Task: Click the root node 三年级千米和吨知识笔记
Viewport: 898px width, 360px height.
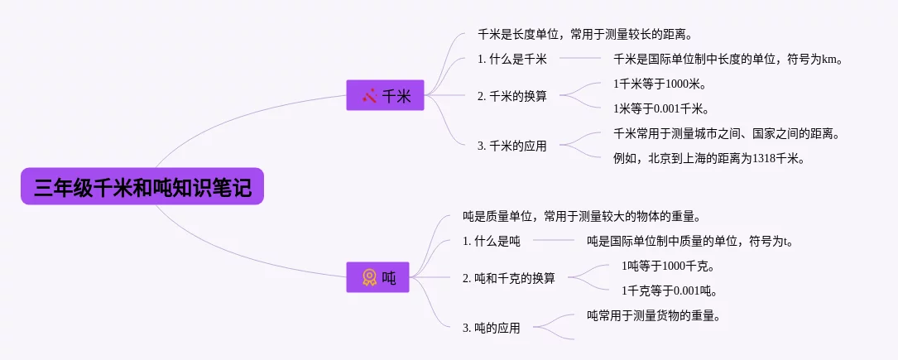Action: pos(142,186)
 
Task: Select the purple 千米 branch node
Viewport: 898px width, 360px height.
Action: pos(385,95)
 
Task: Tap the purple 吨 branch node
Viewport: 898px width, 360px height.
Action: pos(378,278)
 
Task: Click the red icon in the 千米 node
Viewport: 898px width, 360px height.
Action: pos(369,95)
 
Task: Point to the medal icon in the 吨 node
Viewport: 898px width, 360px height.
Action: pos(369,278)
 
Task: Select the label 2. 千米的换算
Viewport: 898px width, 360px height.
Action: pos(511,95)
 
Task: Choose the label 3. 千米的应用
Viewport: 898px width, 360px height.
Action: pos(511,146)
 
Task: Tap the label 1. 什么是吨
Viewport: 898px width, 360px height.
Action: pos(491,241)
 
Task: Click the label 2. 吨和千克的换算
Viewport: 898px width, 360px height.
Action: pos(508,278)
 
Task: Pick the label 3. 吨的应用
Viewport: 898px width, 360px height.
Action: pos(491,328)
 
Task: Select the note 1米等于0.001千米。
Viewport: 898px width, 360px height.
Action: pos(660,108)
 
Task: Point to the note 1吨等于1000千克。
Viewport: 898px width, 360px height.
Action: pos(667,266)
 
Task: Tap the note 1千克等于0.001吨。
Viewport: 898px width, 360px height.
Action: pos(669,290)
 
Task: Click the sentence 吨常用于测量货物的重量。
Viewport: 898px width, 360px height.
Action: pos(653,315)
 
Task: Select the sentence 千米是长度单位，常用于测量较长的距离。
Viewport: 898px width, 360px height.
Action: pos(583,34)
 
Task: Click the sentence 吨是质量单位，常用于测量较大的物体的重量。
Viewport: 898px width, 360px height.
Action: pos(582,217)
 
